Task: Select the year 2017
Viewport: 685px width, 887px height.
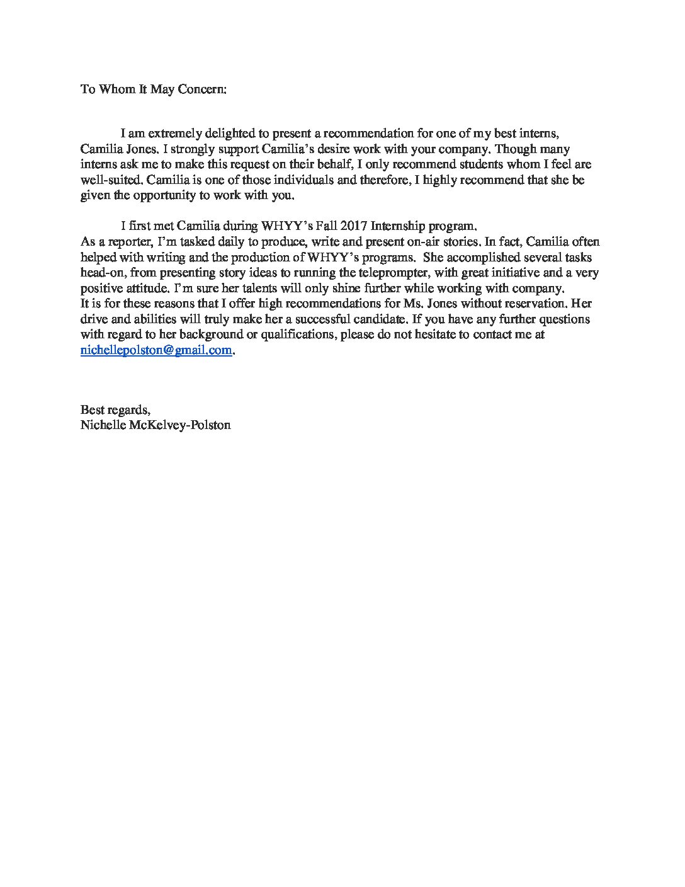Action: coord(356,226)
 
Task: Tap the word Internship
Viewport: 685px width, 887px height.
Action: coord(403,226)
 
